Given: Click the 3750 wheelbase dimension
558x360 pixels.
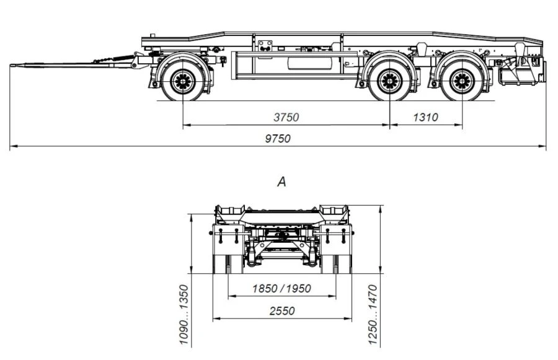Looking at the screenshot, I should (286, 117).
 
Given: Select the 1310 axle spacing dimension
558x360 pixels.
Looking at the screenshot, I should (425, 117).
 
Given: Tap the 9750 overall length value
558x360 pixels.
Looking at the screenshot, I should (278, 139).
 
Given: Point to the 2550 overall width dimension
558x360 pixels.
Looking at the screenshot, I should (282, 311).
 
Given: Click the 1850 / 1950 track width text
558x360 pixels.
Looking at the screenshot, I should (281, 288).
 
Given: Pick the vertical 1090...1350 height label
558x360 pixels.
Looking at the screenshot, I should (184, 315).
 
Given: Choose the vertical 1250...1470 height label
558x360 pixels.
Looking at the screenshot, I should (373, 315).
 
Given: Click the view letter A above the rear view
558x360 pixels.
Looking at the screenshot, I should (281, 182).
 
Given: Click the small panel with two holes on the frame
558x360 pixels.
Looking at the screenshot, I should (265, 45).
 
